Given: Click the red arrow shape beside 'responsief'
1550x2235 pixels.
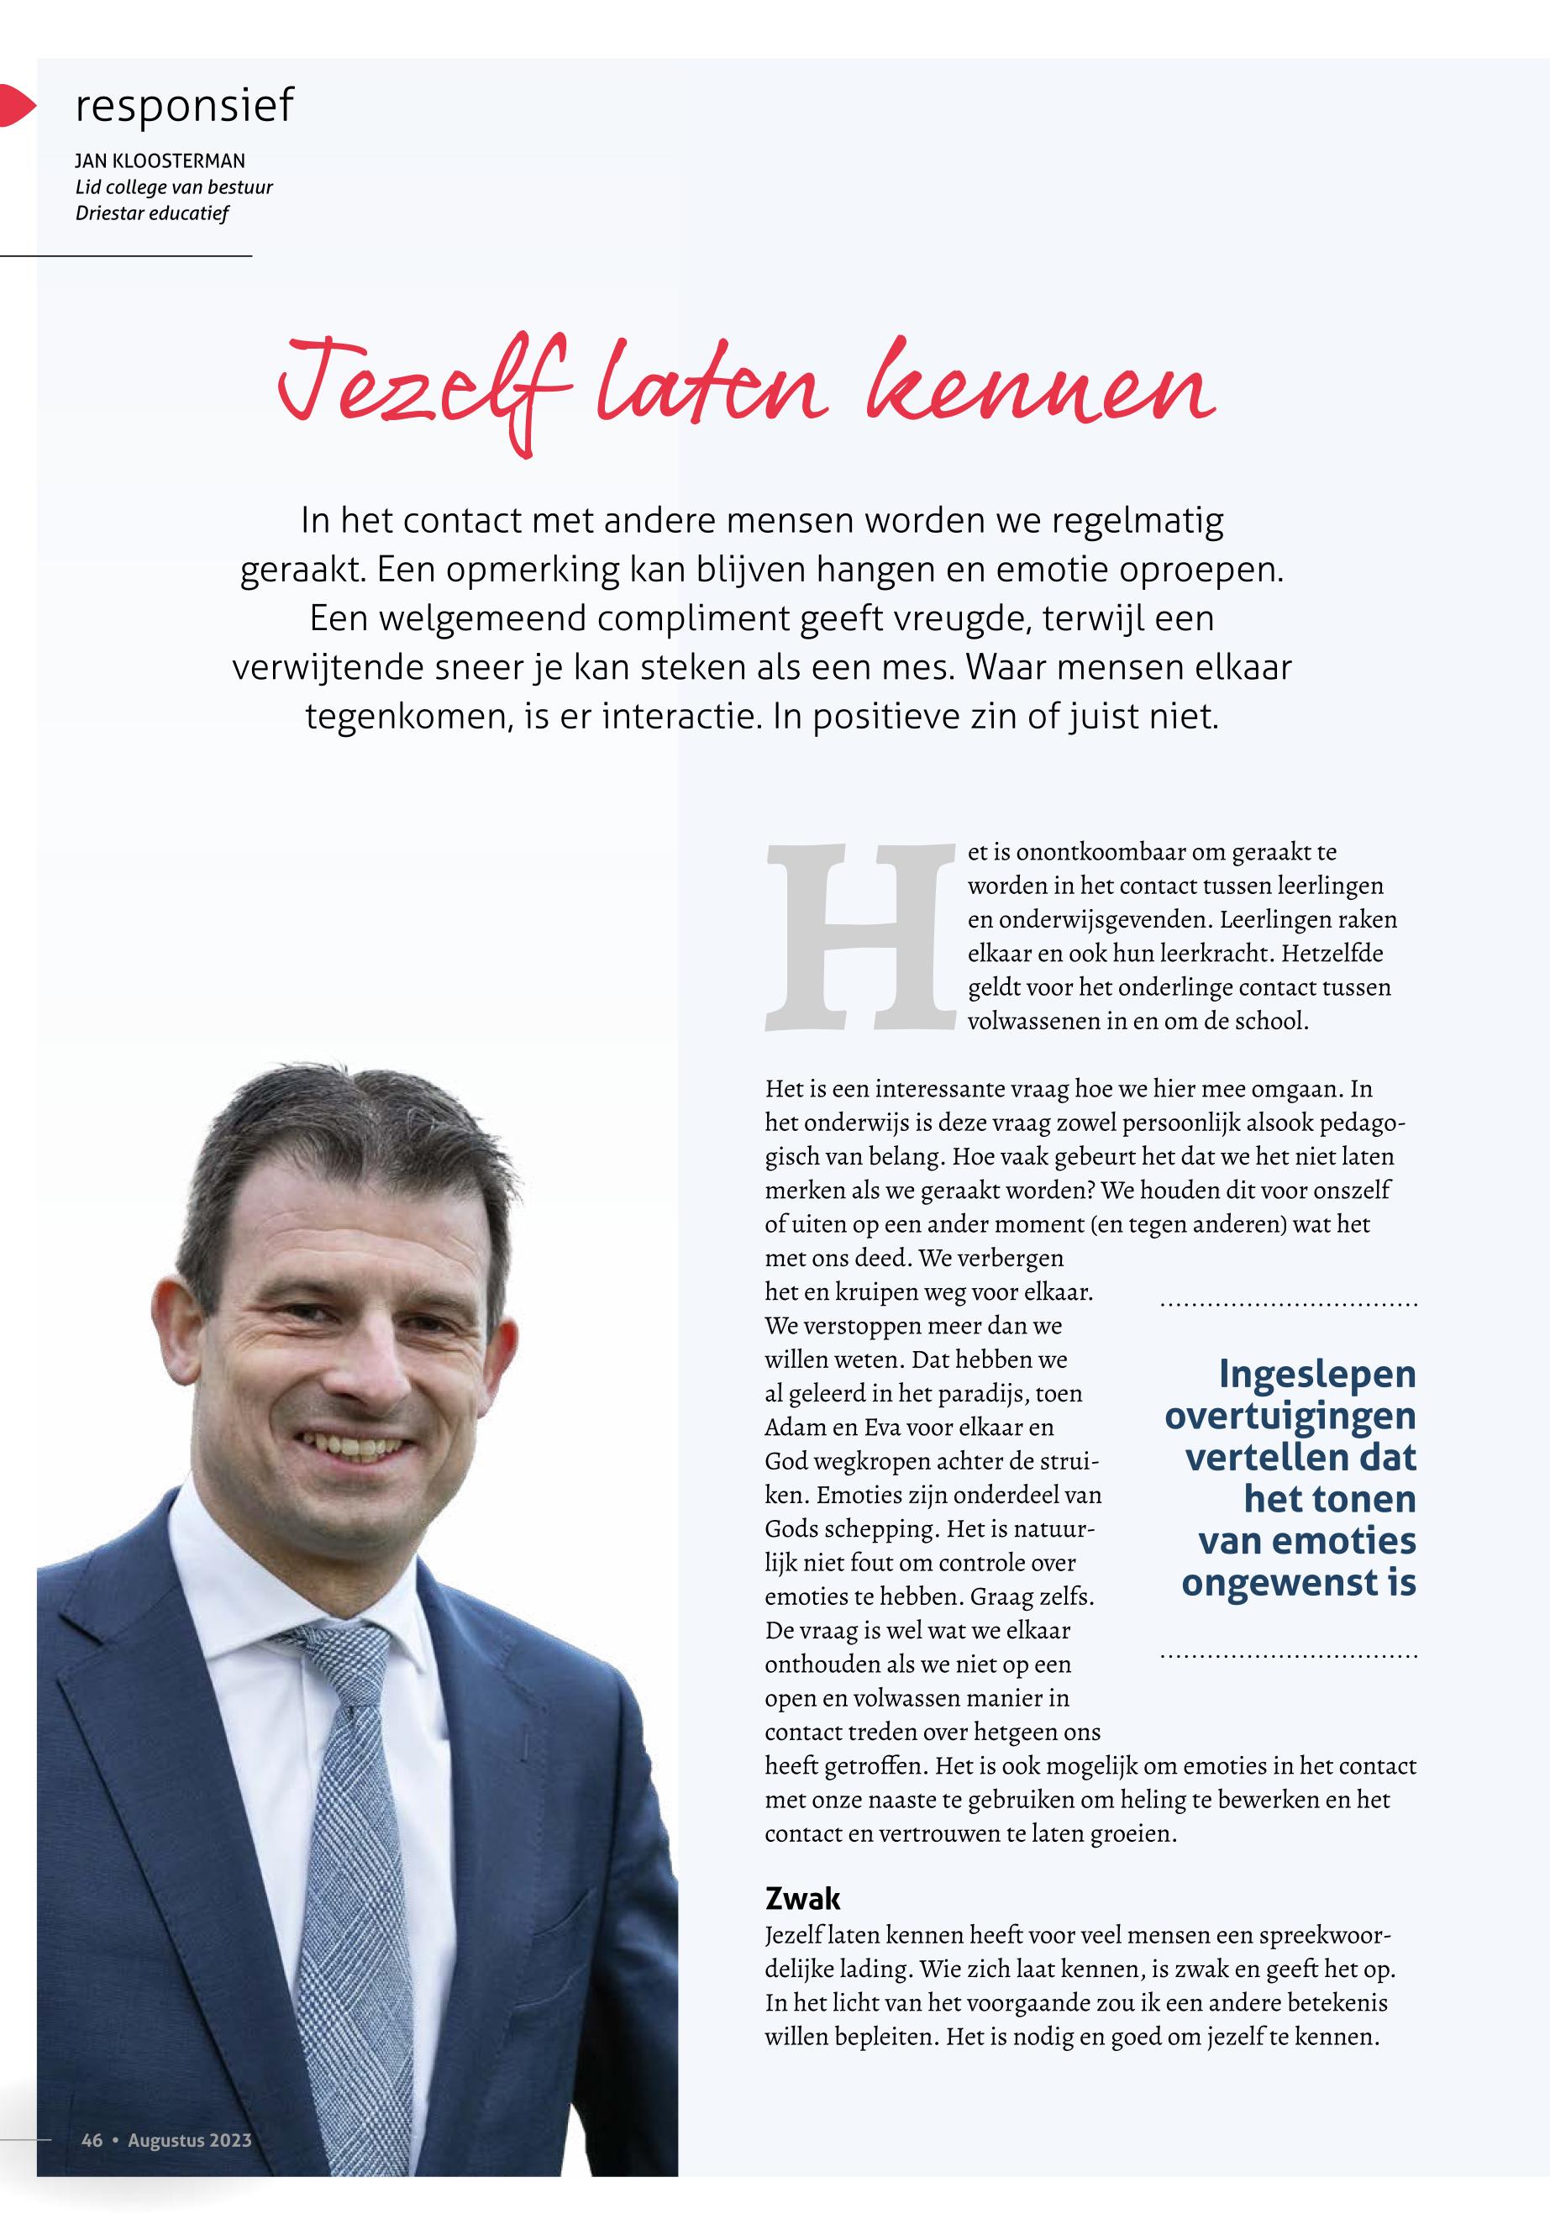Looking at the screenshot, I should click(x=15, y=105).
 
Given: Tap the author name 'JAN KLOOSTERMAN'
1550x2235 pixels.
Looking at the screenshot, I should click(x=160, y=161).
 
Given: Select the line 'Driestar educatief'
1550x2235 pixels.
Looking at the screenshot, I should click(x=151, y=213).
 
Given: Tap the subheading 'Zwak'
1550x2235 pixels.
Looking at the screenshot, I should click(x=802, y=1898).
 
